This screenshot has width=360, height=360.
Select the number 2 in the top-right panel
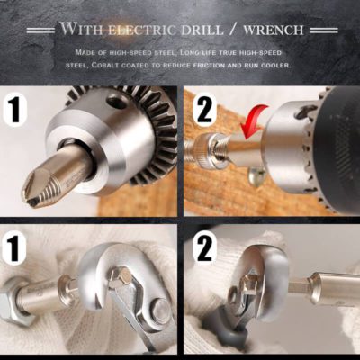(x=204, y=111)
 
